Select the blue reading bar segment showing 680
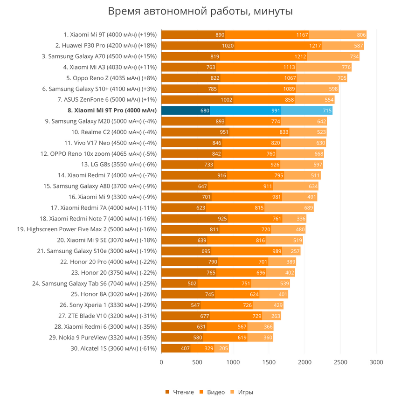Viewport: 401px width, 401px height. point(186,111)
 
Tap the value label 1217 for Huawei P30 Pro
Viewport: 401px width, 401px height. point(315,46)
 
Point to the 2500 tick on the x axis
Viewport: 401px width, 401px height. point(340,362)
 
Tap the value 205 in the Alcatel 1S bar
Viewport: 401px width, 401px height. point(223,348)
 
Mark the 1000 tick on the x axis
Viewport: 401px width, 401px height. point(233,362)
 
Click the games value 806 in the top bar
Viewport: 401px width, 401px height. point(361,35)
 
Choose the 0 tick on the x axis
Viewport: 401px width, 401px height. point(161,362)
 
